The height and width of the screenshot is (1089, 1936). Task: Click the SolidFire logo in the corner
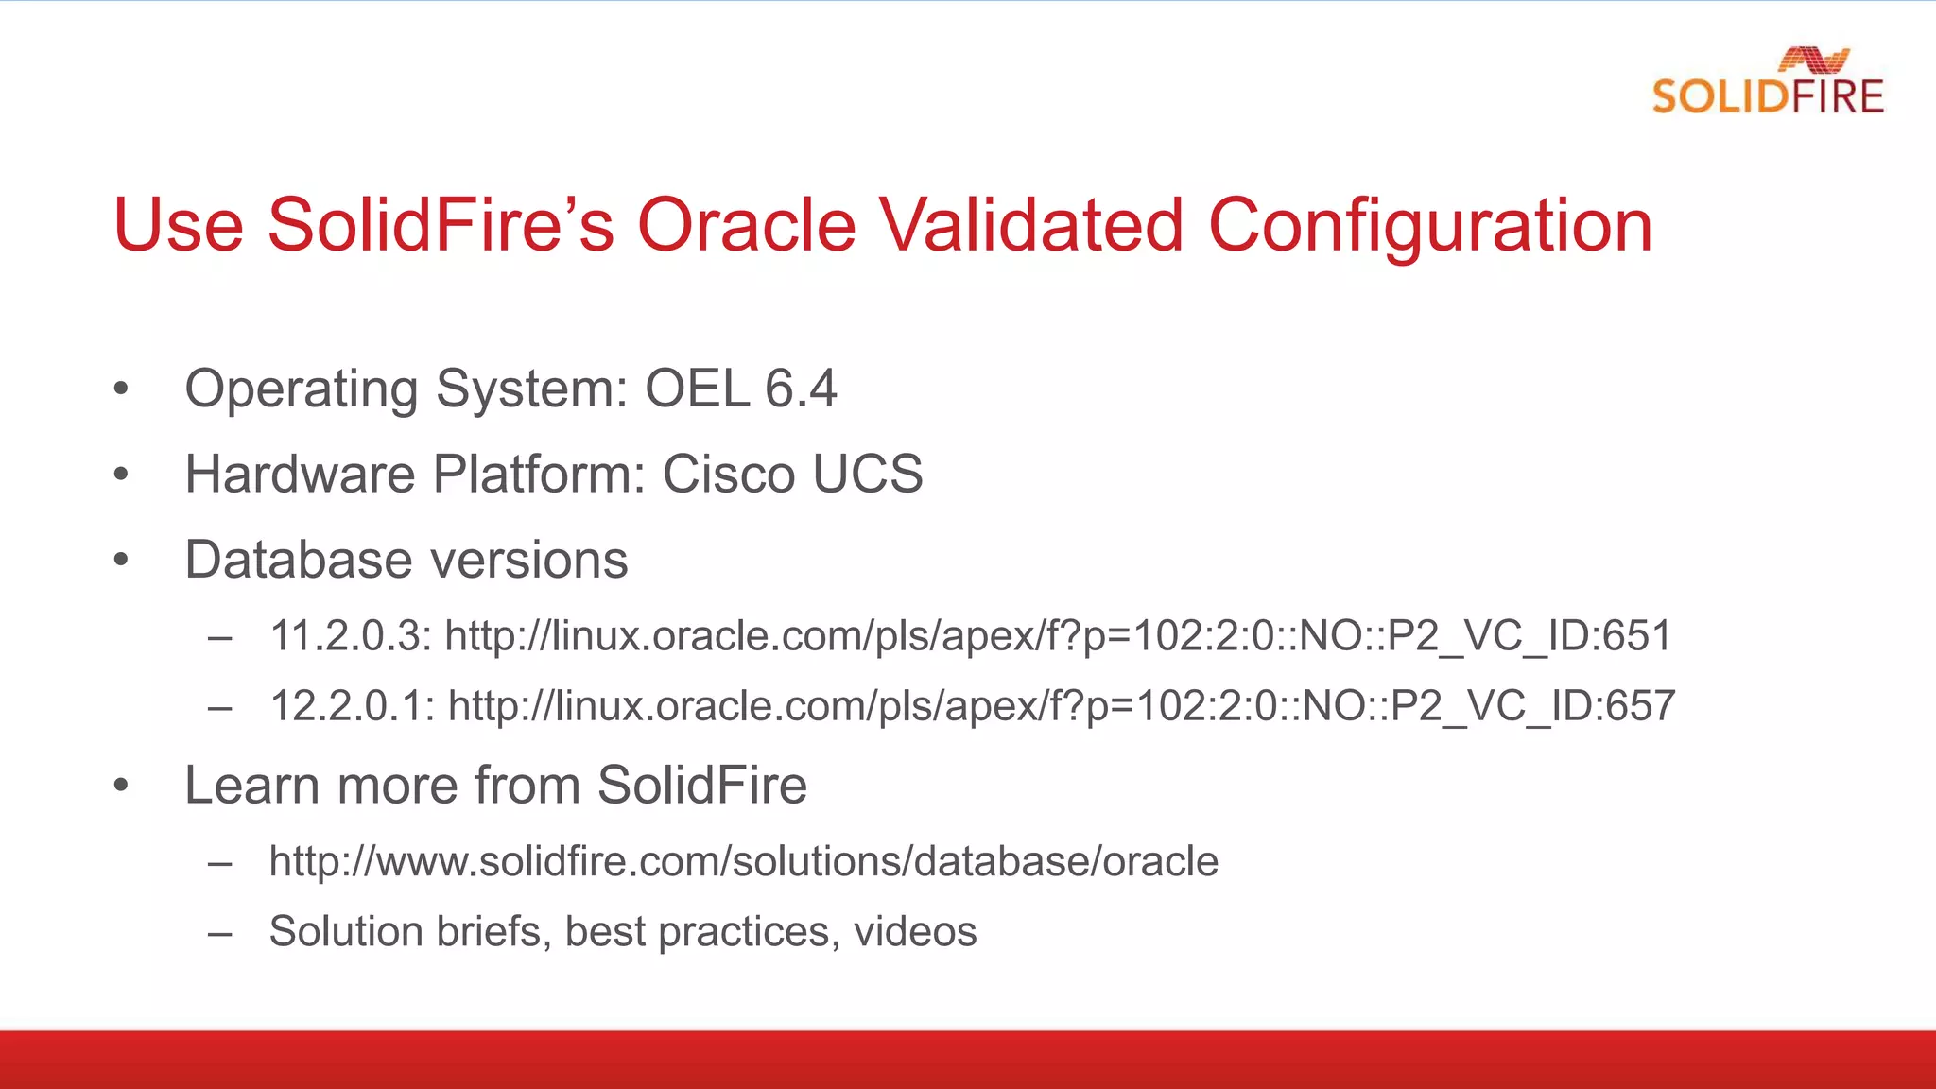(x=1768, y=83)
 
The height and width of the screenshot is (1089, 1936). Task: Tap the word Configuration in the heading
(x=1429, y=227)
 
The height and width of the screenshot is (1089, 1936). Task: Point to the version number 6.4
(x=801, y=389)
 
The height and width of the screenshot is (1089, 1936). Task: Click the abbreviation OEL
(x=697, y=389)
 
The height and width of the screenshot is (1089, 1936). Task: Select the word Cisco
(x=728, y=474)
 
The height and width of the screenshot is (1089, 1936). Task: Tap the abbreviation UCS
(x=867, y=474)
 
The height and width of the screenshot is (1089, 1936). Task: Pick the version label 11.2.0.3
(x=351, y=635)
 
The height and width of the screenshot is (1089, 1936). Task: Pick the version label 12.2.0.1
(x=353, y=706)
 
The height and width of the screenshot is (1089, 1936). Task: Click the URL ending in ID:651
(x=1058, y=635)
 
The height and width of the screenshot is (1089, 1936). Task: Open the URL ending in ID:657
(x=1061, y=706)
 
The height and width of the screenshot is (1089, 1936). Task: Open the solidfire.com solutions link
(x=744, y=861)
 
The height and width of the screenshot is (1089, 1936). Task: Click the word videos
(x=915, y=931)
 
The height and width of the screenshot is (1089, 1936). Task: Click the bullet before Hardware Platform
(x=120, y=475)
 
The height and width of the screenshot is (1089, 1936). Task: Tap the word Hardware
(x=300, y=474)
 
